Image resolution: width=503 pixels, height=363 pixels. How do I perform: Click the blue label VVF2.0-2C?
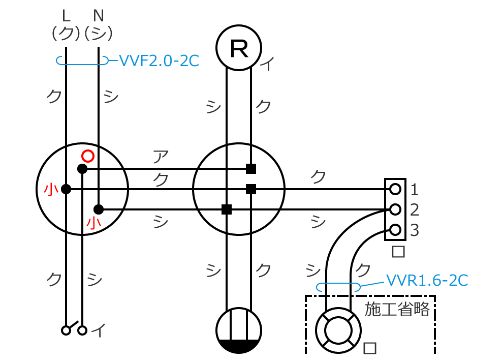(x=159, y=61)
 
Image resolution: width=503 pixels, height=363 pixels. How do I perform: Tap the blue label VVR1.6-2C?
(x=427, y=280)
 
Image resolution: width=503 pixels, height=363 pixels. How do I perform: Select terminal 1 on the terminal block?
(x=395, y=189)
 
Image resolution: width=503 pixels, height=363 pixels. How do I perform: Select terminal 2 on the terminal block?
(x=395, y=209)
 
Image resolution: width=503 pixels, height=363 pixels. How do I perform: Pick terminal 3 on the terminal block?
(x=395, y=229)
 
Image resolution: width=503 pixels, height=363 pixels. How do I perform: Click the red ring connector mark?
(x=88, y=155)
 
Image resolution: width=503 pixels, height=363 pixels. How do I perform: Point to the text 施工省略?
(x=397, y=309)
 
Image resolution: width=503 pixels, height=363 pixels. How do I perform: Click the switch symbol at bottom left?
(x=74, y=329)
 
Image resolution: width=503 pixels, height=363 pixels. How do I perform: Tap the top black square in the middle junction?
(x=250, y=168)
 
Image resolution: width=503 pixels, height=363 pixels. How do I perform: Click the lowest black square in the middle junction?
(x=227, y=209)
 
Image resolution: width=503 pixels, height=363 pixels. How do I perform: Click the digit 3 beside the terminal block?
(x=415, y=230)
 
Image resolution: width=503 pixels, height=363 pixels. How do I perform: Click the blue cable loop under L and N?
(x=82, y=61)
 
